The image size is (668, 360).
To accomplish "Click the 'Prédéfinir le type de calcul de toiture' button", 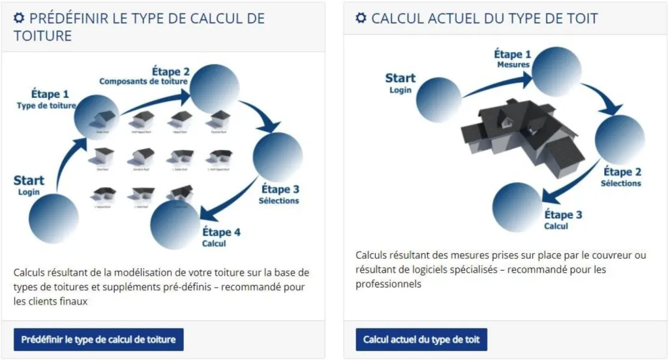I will click(99, 340).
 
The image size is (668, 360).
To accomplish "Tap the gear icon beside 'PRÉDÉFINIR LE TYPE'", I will click(20, 18).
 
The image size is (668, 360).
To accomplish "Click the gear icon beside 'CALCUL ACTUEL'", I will click(361, 18).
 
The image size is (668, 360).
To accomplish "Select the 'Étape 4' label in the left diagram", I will click(221, 232).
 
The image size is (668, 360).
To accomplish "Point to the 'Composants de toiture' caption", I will click(144, 82).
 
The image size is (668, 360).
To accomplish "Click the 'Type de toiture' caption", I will click(46, 106).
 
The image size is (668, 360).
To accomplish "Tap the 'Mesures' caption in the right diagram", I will click(513, 65).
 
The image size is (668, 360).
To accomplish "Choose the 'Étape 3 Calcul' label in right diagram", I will click(562, 220).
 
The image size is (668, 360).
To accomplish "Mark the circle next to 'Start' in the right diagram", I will click(438, 100).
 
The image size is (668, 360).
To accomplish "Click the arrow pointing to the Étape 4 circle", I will click(228, 199).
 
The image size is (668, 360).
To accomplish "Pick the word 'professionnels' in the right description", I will click(388, 284).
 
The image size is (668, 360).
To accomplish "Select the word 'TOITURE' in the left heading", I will click(42, 35).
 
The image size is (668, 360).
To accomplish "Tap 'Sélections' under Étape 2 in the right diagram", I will click(621, 183).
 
